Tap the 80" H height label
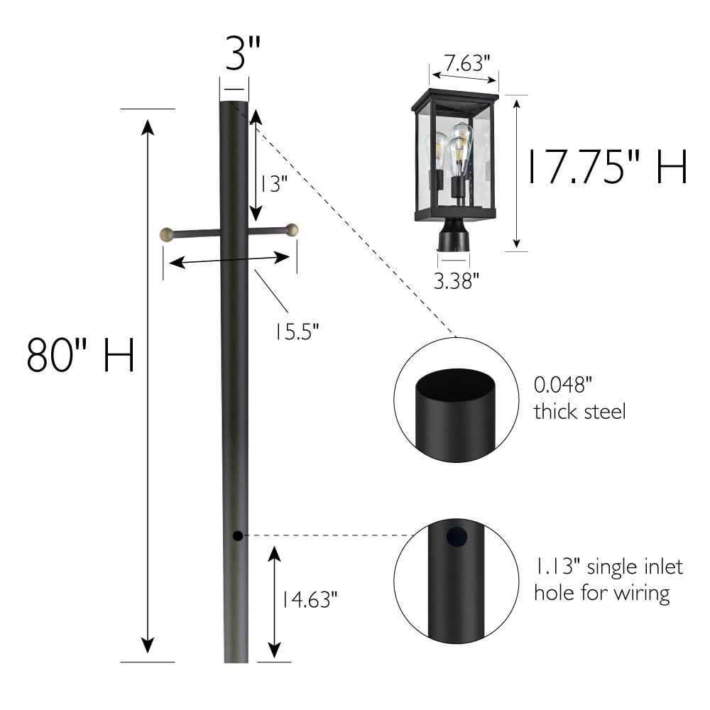(x=80, y=356)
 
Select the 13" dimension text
(x=273, y=184)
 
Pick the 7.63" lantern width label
(x=464, y=62)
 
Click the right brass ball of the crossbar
(x=291, y=229)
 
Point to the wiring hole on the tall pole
(x=238, y=535)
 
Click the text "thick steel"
(x=579, y=411)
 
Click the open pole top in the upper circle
(x=456, y=386)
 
